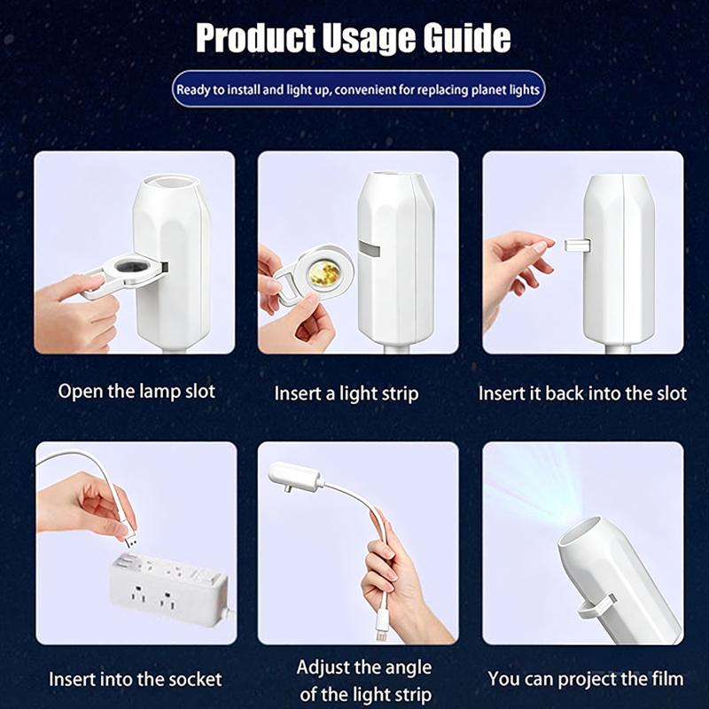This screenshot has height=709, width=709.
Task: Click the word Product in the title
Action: (255, 38)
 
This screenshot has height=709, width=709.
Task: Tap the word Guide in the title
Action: (467, 38)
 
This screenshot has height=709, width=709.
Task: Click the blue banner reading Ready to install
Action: (358, 90)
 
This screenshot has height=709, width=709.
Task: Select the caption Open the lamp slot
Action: (136, 391)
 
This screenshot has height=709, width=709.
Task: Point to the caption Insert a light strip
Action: (347, 393)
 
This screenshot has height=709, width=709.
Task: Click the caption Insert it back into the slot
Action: (582, 393)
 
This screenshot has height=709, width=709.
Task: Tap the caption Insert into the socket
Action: (136, 679)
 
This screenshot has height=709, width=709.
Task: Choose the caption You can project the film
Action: (586, 679)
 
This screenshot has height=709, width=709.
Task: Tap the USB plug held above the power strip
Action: (129, 540)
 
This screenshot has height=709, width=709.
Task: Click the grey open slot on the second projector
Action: (369, 249)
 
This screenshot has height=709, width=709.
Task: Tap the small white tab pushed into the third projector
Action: (578, 245)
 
